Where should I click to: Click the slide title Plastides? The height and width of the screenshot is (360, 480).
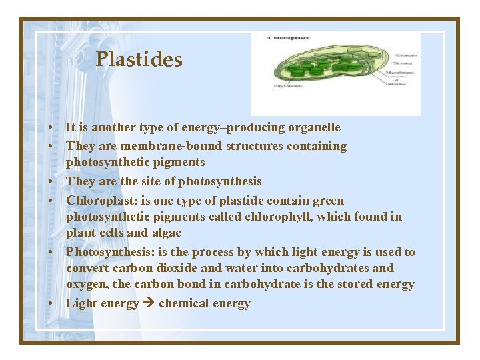(x=139, y=60)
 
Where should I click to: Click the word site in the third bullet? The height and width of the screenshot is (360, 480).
(x=139, y=181)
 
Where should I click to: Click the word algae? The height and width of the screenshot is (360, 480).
(x=166, y=233)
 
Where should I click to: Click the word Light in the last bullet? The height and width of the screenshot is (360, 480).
(x=81, y=304)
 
